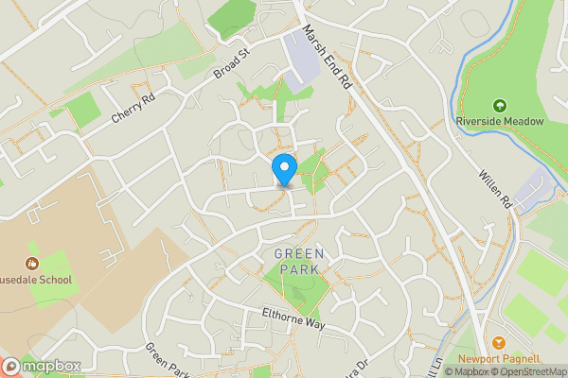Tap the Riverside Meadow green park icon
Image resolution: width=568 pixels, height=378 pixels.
[500, 106]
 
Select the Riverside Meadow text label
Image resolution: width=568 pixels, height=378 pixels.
[500, 121]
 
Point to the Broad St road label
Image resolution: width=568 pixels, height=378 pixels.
[230, 65]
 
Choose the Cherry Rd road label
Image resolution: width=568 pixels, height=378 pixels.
[133, 110]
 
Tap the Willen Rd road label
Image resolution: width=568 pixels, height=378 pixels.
[494, 189]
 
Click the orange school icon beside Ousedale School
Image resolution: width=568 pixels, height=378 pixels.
[32, 264]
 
